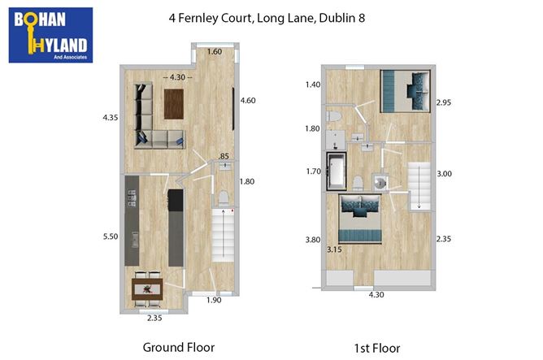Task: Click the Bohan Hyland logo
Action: [x=50, y=35]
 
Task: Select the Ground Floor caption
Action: [x=179, y=348]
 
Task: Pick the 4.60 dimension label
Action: [x=248, y=100]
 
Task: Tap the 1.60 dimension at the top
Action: [x=215, y=52]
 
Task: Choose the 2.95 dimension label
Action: [x=443, y=103]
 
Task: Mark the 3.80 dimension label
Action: [x=312, y=241]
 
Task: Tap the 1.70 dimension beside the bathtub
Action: [x=313, y=171]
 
